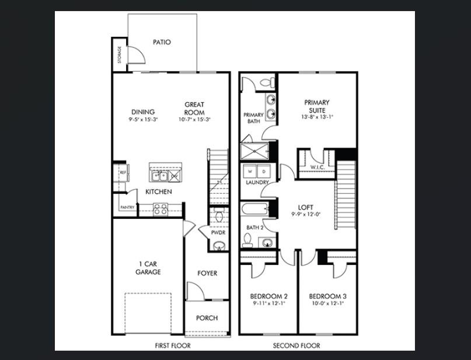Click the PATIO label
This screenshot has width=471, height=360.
162,42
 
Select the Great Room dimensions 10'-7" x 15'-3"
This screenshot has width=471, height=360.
194,120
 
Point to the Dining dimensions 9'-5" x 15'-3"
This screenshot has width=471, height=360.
143,120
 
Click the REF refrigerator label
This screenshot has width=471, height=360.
123,173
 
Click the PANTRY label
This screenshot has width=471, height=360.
127,207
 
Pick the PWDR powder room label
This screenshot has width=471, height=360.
218,233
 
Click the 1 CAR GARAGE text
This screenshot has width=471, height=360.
148,268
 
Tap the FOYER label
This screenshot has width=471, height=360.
207,273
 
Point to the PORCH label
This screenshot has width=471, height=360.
207,318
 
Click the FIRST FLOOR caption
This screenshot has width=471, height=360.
172,345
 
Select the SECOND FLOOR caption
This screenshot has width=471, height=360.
296,345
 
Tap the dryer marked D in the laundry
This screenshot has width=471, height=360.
263,172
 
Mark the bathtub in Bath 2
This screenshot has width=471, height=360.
254,208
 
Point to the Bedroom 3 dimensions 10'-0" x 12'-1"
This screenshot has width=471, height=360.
326,303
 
